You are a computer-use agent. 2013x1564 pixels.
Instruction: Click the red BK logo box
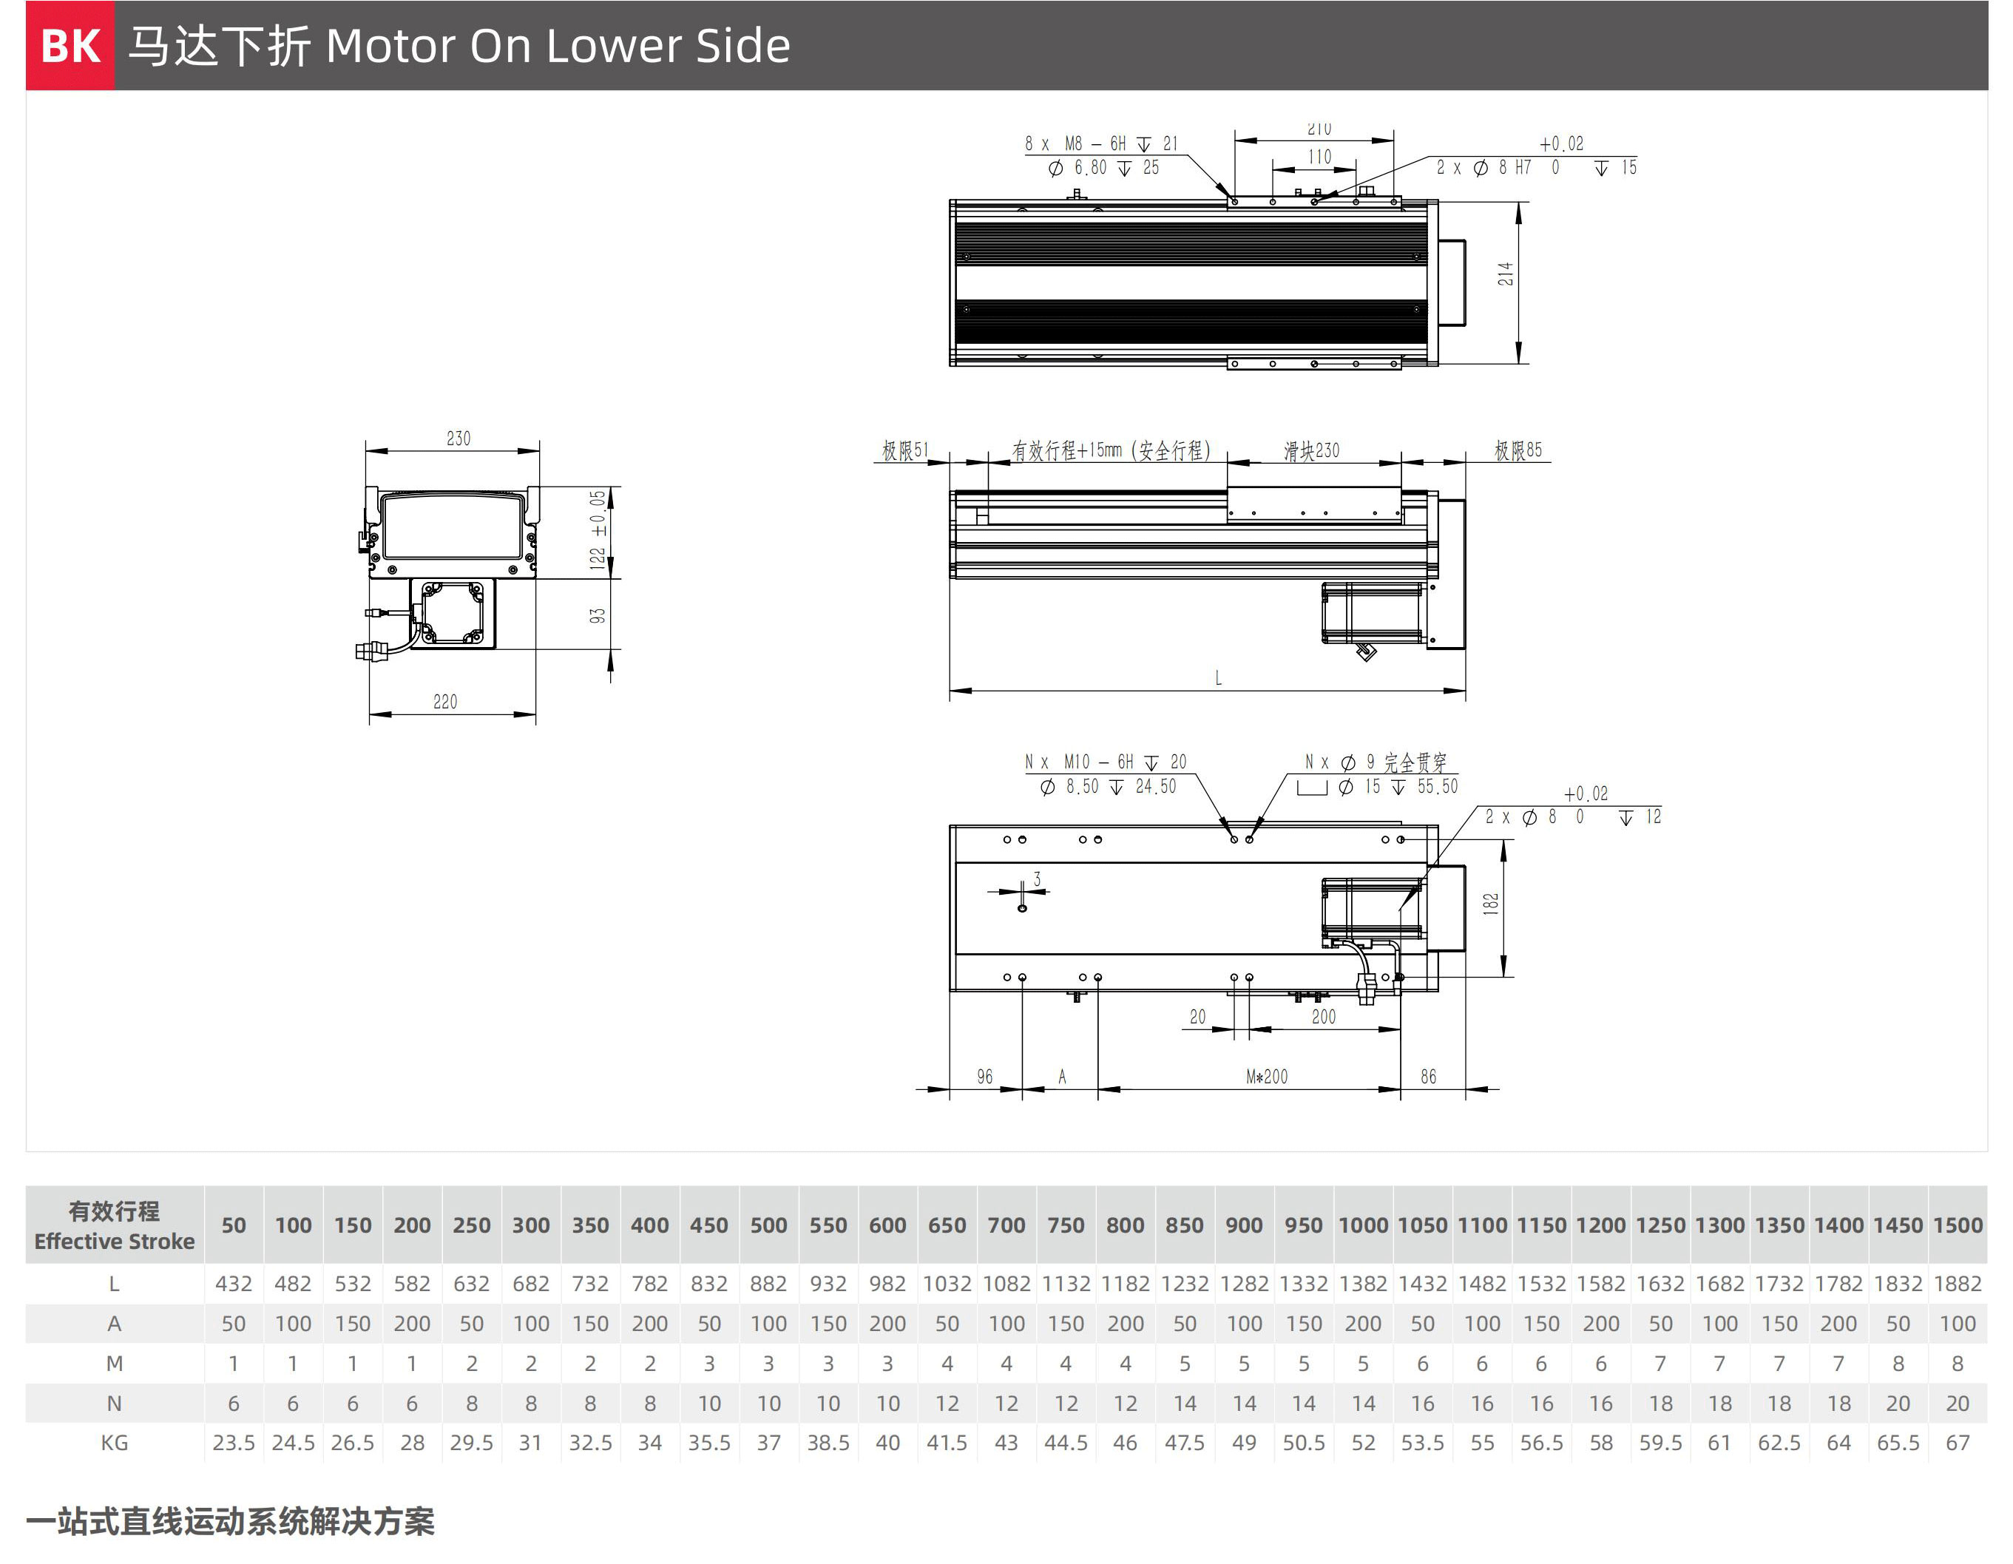coord(70,45)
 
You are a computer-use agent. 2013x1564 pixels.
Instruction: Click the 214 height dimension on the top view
coord(1505,274)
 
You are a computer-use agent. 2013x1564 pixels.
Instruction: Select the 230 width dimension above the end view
coord(458,439)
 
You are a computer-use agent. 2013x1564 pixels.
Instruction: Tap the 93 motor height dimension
coord(598,615)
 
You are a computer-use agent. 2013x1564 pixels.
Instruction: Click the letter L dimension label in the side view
coord(1219,678)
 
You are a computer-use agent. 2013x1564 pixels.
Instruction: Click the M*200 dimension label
coord(1266,1077)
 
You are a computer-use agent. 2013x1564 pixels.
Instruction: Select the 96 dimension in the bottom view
coord(984,1077)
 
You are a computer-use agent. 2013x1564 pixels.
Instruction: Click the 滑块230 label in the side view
coord(1312,450)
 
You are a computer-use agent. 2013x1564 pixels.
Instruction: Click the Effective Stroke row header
coord(115,1242)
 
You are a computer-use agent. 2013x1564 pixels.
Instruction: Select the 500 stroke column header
coord(768,1225)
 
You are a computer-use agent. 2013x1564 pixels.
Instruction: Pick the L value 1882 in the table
coord(1958,1284)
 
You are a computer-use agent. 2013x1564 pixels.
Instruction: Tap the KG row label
coord(115,1443)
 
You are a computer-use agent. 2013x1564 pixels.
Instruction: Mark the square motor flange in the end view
coord(453,612)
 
